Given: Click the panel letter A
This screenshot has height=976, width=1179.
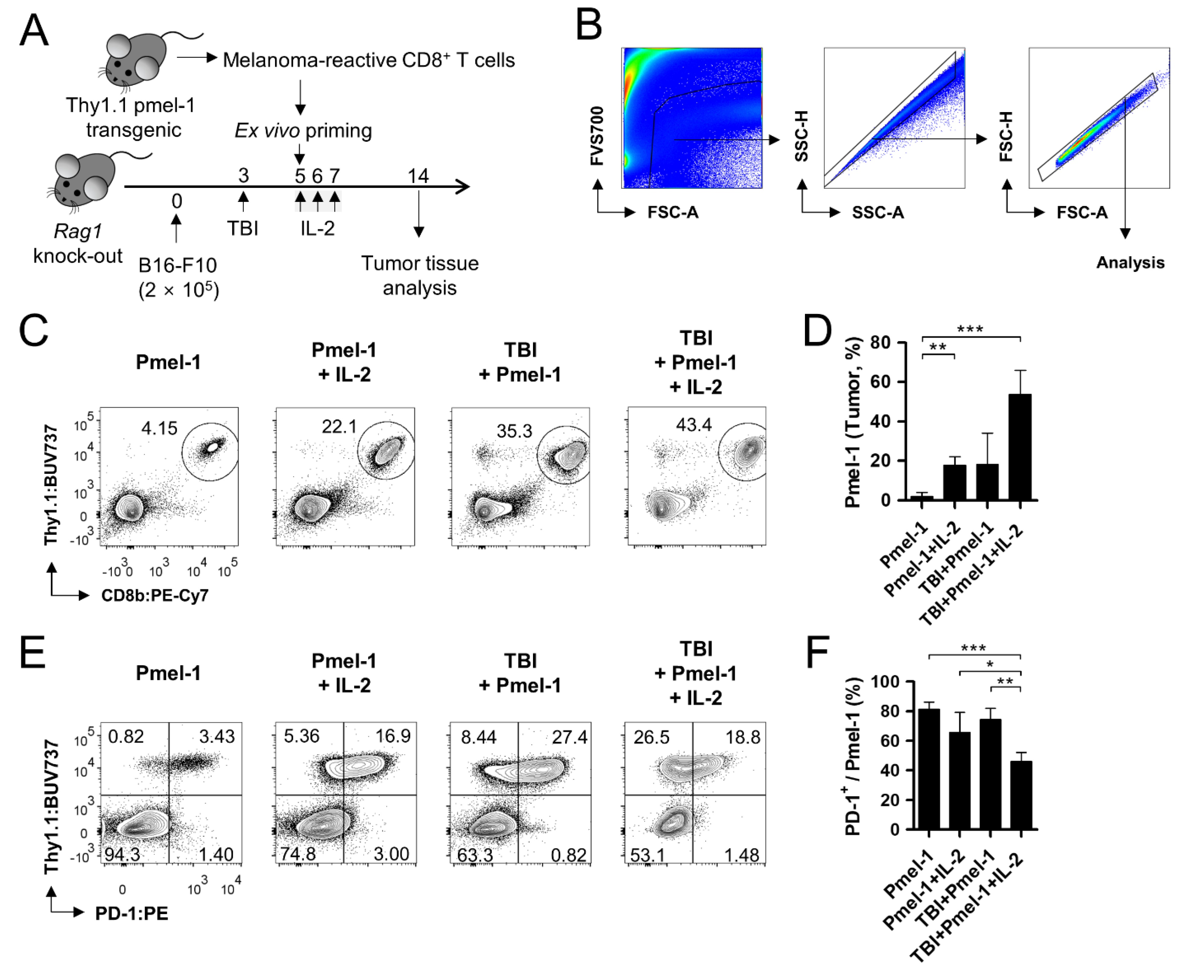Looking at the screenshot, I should pos(34,31).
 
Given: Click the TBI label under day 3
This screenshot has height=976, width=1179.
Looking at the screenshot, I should pos(243,228).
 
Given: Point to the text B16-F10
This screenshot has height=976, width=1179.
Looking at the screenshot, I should pos(177,265).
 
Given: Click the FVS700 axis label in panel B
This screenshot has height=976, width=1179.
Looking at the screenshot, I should pos(597,136).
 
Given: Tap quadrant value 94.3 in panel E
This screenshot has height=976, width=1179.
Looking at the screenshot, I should pos(122,854).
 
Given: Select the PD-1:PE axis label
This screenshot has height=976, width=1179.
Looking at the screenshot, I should pos(131,913).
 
